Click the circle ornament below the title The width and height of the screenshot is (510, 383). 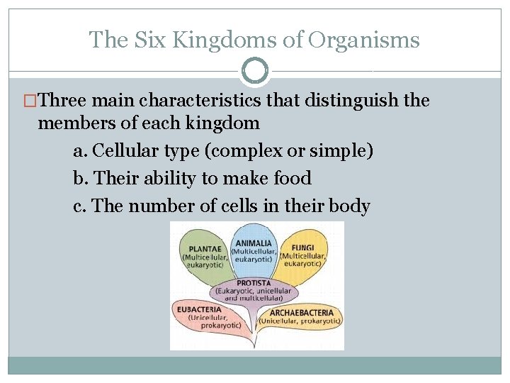click(255, 71)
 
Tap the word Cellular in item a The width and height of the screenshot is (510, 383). click(127, 151)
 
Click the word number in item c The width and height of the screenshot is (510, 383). click(166, 206)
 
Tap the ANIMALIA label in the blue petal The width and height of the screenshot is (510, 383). click(253, 243)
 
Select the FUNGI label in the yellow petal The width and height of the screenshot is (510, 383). click(304, 248)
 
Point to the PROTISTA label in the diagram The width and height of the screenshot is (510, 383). click(254, 283)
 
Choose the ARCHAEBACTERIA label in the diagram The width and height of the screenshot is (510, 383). click(302, 313)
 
